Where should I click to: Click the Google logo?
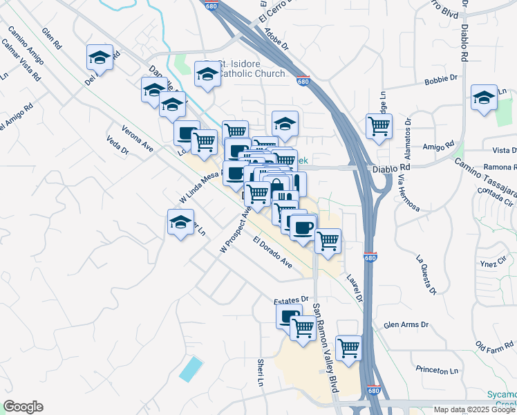pos(23,407)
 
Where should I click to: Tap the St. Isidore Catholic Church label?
pos(252,69)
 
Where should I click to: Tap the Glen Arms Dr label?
pos(406,324)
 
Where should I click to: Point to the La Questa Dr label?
pos(426,275)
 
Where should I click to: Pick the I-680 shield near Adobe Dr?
pos(302,81)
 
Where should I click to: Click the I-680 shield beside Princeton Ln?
pos(373,390)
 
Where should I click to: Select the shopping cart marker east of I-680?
pos(379,126)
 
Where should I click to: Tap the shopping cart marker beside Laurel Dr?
pos(328,240)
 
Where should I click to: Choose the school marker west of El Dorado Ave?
pos(180,222)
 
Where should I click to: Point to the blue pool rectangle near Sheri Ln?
pos(191,369)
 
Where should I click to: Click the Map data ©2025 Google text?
pos(473,409)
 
